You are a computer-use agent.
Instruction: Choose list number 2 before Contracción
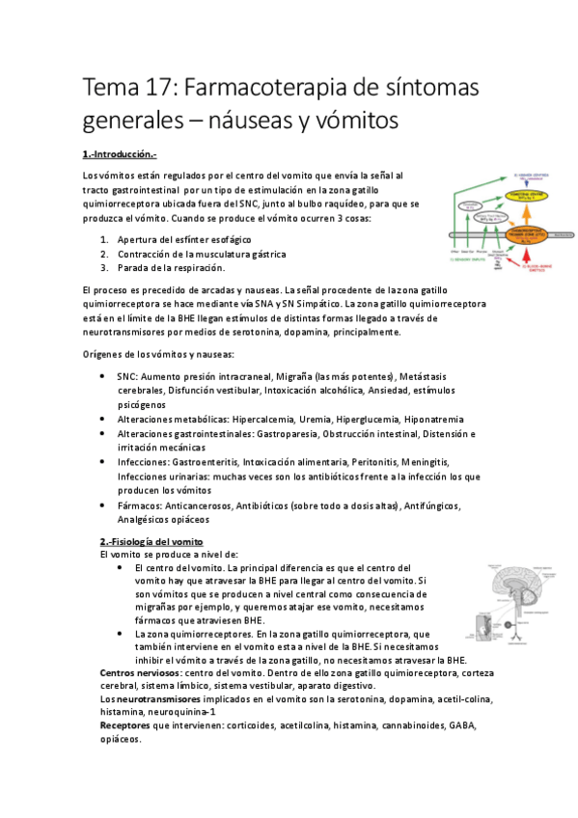pos(104,254)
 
